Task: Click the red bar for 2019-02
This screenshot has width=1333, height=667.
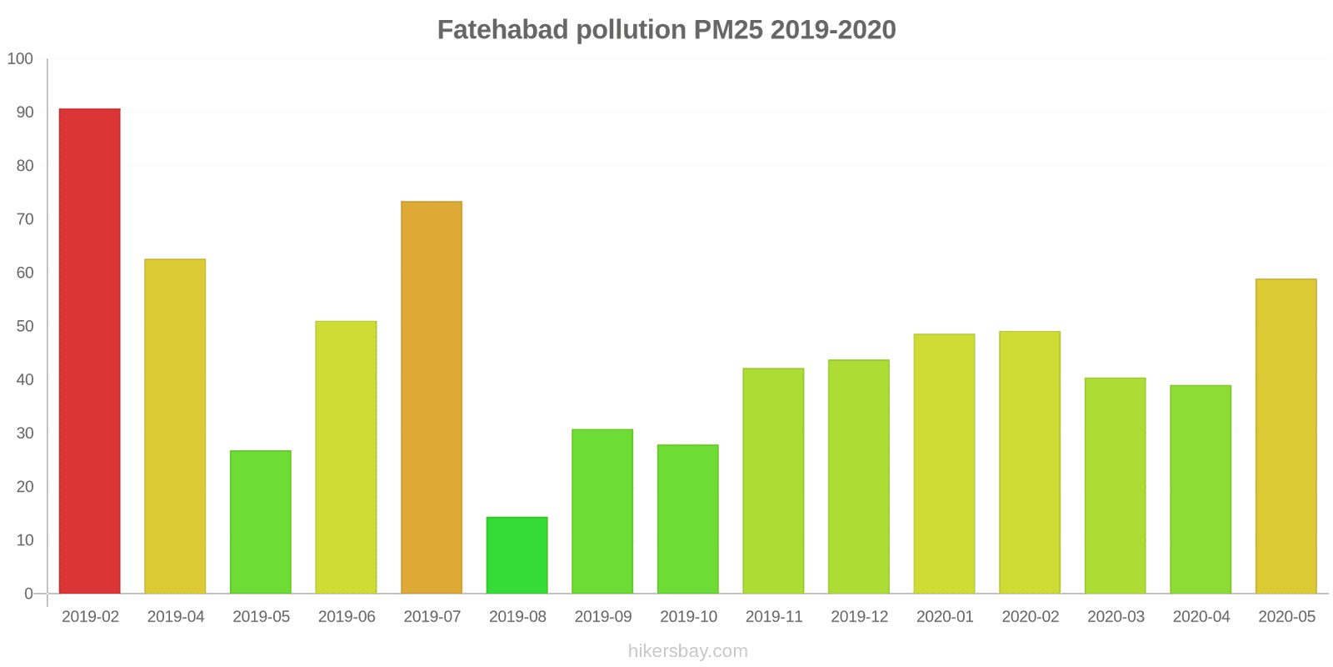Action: click(90, 351)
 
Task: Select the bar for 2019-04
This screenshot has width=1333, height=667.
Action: click(175, 426)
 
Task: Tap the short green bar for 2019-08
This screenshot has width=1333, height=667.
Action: click(517, 555)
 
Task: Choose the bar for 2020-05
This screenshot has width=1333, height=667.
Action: click(1286, 436)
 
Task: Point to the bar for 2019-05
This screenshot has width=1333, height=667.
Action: click(261, 522)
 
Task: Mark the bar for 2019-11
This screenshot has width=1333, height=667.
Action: click(773, 481)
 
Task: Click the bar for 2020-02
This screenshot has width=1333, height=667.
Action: click(1030, 463)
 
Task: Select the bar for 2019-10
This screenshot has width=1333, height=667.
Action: click(688, 519)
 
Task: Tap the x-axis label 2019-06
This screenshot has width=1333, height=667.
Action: click(347, 617)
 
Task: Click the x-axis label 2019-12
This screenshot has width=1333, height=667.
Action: click(859, 617)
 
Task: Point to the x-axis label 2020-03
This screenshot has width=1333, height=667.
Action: click(1116, 617)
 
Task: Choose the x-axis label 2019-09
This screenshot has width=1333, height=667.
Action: click(603, 617)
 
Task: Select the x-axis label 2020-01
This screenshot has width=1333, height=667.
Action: click(945, 617)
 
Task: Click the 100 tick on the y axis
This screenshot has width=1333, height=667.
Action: click(20, 59)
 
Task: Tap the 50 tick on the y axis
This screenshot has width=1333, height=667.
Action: click(24, 326)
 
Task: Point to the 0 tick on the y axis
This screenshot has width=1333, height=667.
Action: click(28, 594)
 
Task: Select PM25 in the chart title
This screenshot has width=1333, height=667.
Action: click(728, 30)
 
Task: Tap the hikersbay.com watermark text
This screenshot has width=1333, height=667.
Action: click(688, 651)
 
